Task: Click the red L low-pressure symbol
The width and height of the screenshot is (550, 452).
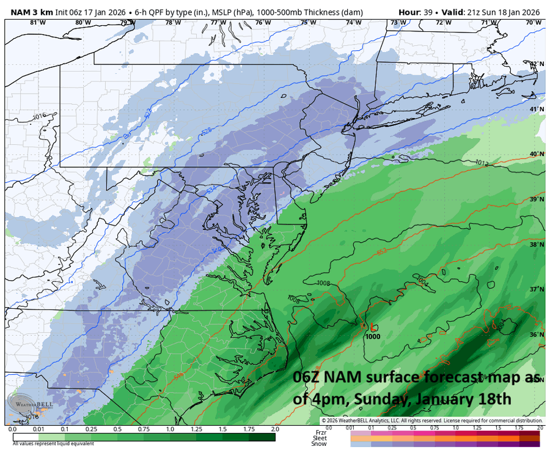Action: point(372,327)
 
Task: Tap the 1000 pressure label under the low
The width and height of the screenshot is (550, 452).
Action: point(372,336)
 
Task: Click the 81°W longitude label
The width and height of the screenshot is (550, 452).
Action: point(38,23)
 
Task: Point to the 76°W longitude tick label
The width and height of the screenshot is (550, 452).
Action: point(263,23)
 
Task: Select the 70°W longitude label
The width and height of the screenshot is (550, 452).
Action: point(533,23)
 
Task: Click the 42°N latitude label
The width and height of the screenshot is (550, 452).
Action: point(536,64)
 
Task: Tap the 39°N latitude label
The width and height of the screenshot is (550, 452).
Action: point(536,199)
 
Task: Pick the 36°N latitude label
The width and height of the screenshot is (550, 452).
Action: point(536,335)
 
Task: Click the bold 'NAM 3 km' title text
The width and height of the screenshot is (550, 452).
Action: point(32,12)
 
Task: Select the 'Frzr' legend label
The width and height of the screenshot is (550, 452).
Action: point(319,432)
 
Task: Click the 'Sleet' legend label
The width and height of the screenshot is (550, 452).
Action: point(319,438)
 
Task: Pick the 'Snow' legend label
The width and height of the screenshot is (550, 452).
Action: point(319,444)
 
